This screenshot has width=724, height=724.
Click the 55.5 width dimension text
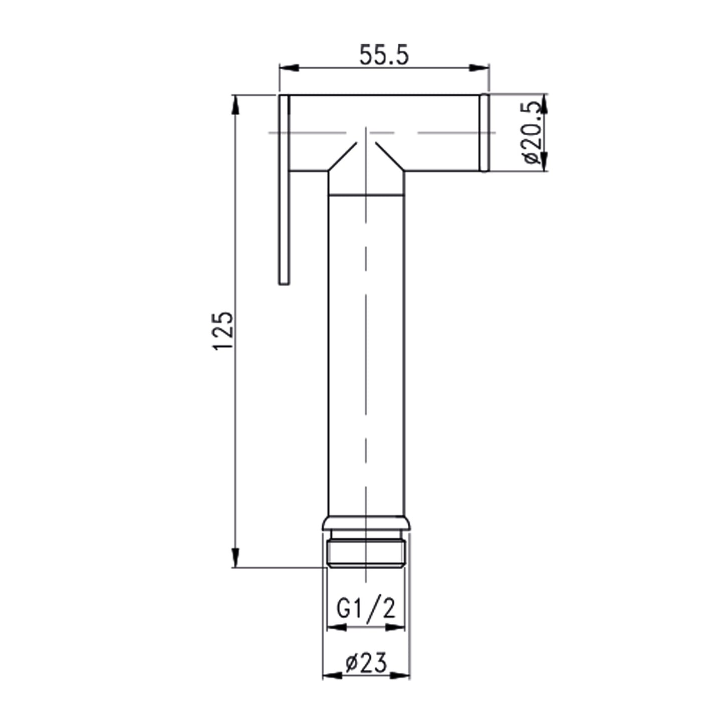point(384,55)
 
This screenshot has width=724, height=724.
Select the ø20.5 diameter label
point(531,133)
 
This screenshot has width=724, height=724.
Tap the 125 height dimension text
point(223,331)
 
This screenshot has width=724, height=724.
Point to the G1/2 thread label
point(366,609)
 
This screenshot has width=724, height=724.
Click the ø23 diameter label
point(366,663)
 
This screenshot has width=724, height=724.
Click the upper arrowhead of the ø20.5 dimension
point(545,103)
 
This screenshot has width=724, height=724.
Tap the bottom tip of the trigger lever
point(284,282)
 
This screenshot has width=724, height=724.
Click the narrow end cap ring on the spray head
point(484,133)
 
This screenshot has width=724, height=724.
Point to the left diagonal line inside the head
point(343,157)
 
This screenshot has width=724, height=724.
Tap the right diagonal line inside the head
point(390,157)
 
